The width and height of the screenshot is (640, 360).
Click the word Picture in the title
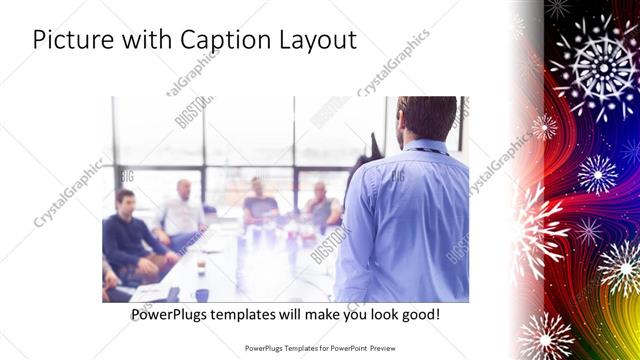[x=71, y=41]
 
